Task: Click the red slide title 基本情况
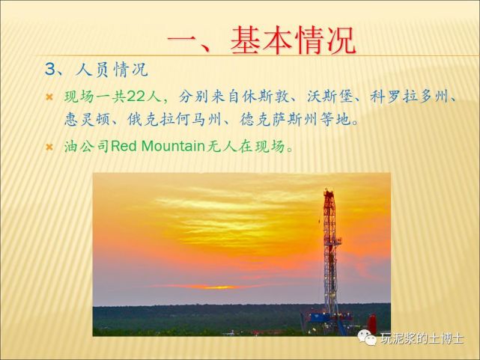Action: tap(293, 40)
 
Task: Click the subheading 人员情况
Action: tap(112, 70)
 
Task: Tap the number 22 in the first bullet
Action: tap(136, 97)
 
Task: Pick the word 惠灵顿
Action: tap(87, 119)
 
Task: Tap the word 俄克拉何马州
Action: tap(174, 119)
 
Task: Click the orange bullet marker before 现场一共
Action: tap(49, 97)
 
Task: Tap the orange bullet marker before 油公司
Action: tap(49, 147)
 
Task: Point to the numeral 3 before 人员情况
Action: tap(49, 70)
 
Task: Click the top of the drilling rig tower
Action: tap(329, 191)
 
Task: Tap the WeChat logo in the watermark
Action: tap(367, 338)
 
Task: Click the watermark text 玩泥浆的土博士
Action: tap(422, 338)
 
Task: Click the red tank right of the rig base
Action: tap(371, 324)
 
